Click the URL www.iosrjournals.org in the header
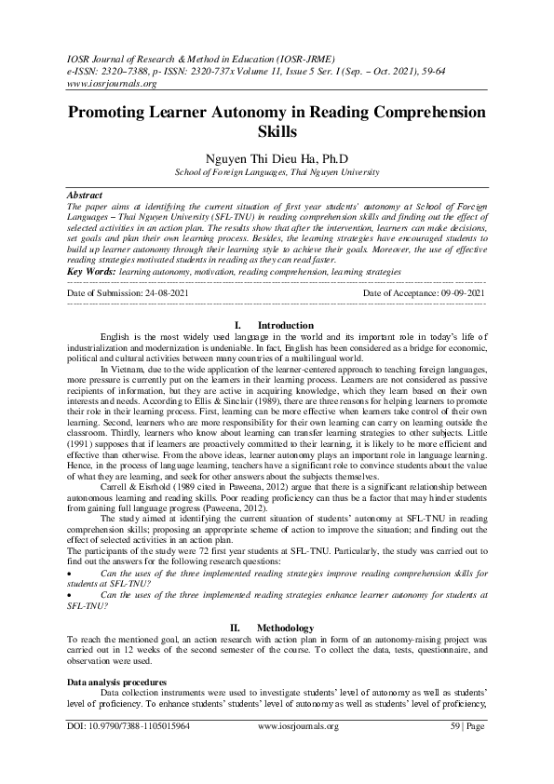point(105,81)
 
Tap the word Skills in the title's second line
point(277,133)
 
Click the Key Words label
point(92,271)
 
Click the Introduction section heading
point(285,325)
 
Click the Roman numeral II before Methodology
point(236,629)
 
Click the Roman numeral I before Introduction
point(240,325)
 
